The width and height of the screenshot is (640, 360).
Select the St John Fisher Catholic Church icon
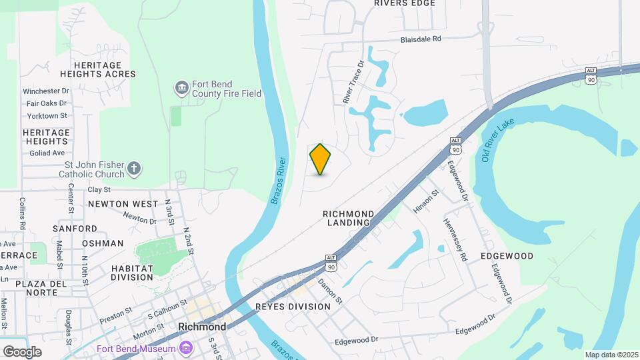pos(134,168)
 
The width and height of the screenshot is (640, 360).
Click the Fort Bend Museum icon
pos(185,348)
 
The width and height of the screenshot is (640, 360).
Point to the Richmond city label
pos(202,327)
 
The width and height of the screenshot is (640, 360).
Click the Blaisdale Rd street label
pos(421,39)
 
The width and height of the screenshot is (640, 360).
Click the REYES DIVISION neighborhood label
pos(293,307)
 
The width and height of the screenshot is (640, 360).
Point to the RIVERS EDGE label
pos(405,3)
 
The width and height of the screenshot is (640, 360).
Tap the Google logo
pos(22,351)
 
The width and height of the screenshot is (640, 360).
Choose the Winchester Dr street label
pos(46,91)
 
